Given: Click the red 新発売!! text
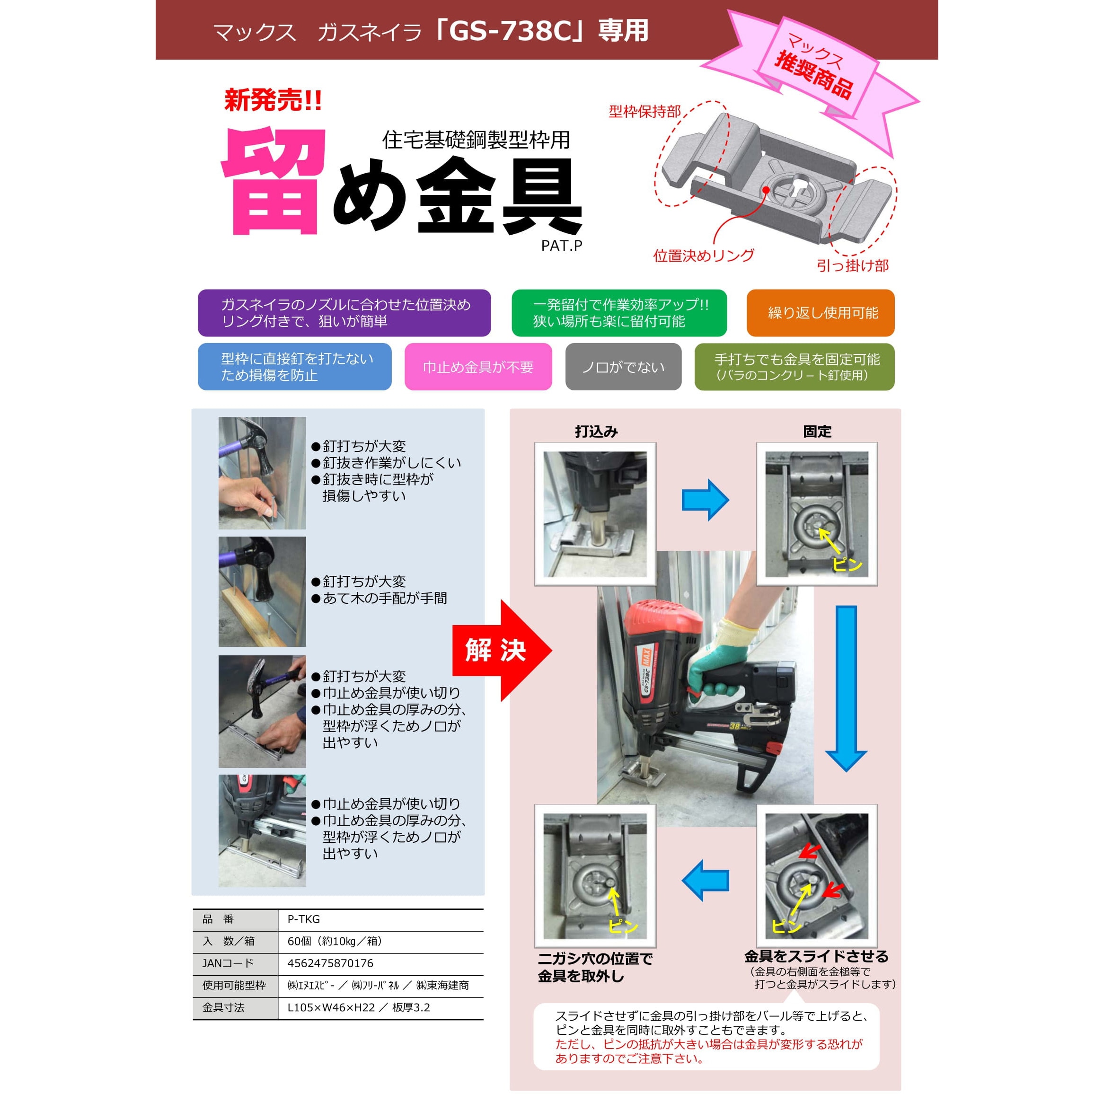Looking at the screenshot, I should [x=273, y=101].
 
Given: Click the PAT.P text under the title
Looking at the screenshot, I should [x=561, y=246].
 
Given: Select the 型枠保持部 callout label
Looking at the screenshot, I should [x=644, y=112].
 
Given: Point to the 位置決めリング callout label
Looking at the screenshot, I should [x=703, y=256].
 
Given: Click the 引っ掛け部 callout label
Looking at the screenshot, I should [x=852, y=265].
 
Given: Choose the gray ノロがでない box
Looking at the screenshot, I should [x=623, y=367].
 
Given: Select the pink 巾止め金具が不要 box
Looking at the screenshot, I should [x=478, y=367].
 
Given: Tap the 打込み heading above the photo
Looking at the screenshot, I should [x=596, y=432].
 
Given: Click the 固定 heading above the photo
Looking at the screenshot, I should [x=817, y=432].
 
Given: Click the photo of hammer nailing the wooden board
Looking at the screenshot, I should [x=262, y=592].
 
